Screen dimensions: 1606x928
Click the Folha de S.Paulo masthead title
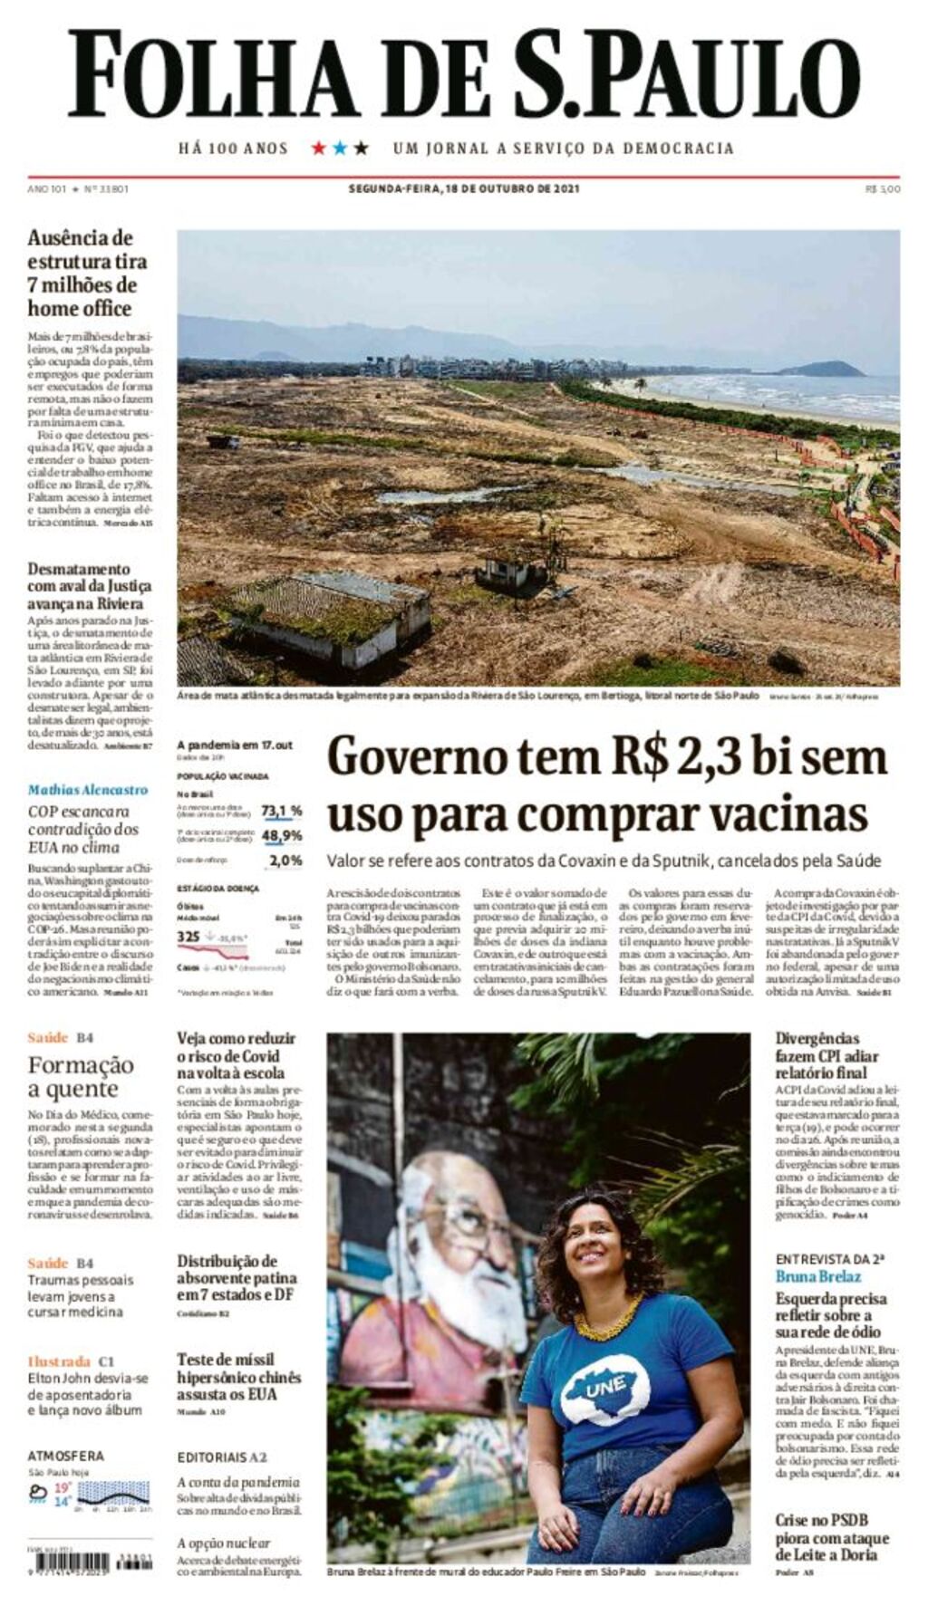pyautogui.click(x=464, y=74)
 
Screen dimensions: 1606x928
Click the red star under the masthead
pyautogui.click(x=319, y=148)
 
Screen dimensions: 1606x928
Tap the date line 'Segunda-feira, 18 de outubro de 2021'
pyautogui.click(x=464, y=189)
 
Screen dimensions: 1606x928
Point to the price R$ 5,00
pyautogui.click(x=883, y=189)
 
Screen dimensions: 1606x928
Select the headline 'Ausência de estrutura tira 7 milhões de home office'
pyautogui.click(x=87, y=273)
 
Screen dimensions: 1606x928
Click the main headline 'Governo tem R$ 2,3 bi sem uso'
pyautogui.click(x=605, y=784)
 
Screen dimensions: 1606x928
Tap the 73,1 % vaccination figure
pyautogui.click(x=281, y=811)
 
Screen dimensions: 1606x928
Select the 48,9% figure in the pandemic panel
pyautogui.click(x=281, y=835)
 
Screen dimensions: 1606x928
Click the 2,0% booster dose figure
pyautogui.click(x=285, y=861)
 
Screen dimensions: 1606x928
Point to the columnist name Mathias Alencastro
pyautogui.click(x=87, y=790)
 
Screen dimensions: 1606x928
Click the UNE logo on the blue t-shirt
pyautogui.click(x=605, y=1384)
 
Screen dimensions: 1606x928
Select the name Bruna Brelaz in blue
pyautogui.click(x=818, y=1275)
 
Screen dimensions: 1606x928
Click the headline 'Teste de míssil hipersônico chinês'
pyautogui.click(x=238, y=1377)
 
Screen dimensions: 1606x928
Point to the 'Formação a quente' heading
pyautogui.click(x=80, y=1076)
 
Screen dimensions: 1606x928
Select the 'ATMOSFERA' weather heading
pyautogui.click(x=65, y=1456)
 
